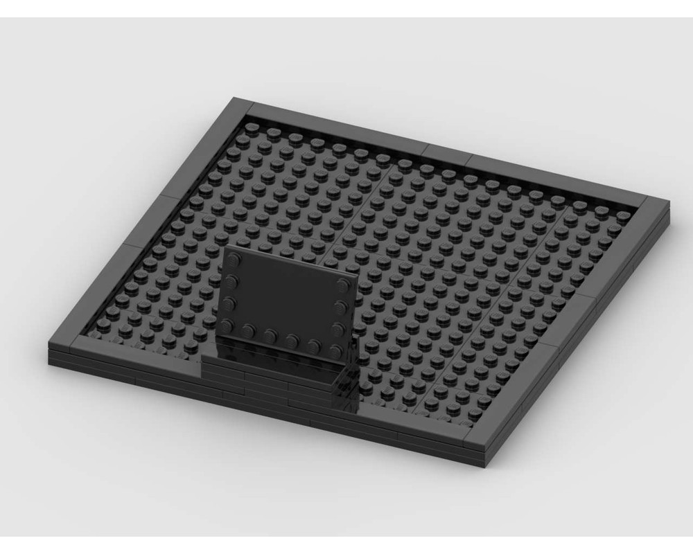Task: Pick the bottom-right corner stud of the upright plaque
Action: (x=337, y=350)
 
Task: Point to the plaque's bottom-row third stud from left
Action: (x=270, y=335)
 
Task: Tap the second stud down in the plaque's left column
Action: (x=232, y=280)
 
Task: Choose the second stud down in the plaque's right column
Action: (x=342, y=305)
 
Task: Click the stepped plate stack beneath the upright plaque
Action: (x=277, y=374)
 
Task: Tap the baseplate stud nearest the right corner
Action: (x=624, y=215)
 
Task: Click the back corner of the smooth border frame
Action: (x=239, y=106)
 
